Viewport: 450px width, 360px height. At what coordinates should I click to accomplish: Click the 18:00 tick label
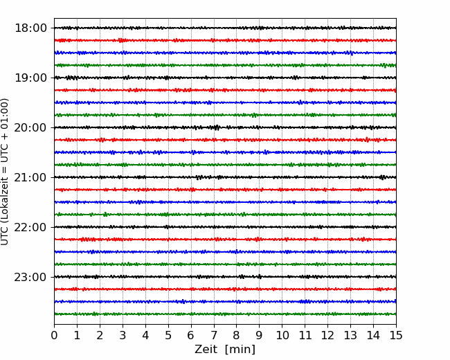pos(30,28)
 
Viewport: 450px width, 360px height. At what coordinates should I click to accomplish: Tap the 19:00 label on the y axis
pos(30,78)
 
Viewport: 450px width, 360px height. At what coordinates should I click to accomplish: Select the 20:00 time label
pos(30,127)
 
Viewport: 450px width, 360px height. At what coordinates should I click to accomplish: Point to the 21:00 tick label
pos(30,177)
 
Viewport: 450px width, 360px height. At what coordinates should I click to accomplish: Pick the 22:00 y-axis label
pos(30,227)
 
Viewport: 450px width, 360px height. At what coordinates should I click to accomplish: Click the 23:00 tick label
pos(30,277)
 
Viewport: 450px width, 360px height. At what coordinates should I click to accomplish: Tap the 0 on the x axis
pos(54,335)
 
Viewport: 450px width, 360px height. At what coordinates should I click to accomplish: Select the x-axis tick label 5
pos(168,335)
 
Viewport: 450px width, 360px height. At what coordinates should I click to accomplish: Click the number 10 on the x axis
pos(282,335)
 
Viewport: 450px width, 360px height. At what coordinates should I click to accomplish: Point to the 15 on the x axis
pos(396,335)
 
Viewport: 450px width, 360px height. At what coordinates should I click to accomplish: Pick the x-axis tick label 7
pos(214,335)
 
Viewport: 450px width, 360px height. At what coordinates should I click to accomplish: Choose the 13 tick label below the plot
pos(350,335)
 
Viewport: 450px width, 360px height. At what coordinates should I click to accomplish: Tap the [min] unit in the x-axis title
pos(240,350)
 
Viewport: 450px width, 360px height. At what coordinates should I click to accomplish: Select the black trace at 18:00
pos(225,28)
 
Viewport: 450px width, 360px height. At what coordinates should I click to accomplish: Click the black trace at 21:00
pos(225,177)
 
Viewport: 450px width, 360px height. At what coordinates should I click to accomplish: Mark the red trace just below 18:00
pos(225,40)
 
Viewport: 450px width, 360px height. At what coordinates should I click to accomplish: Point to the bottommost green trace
pos(225,314)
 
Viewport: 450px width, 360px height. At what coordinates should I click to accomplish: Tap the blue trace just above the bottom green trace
pos(225,301)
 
